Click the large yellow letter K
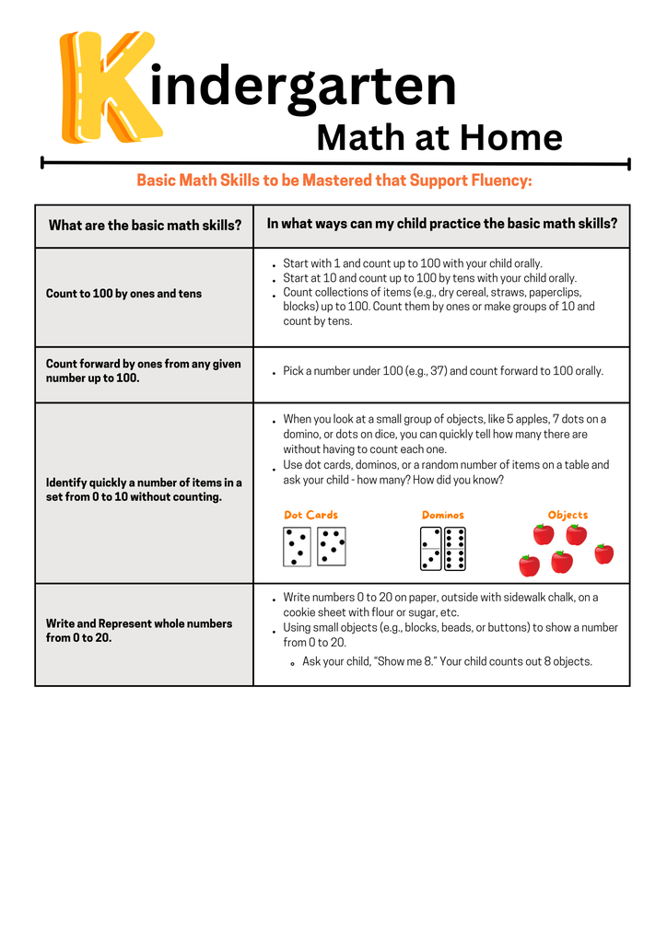pos(106,87)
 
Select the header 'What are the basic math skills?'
pos(145,226)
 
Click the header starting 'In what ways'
pos(441,224)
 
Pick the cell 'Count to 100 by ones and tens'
pos(123,294)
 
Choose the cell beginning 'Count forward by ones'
pos(143,371)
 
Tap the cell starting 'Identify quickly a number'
pos(144,490)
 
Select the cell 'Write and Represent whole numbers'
pos(139,631)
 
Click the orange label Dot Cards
pos(310,515)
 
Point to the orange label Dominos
pos(442,515)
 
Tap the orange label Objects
pos(568,515)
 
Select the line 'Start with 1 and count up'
pos(413,263)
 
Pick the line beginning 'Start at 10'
pos(429,278)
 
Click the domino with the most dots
pos(454,549)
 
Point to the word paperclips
pos(551,293)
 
